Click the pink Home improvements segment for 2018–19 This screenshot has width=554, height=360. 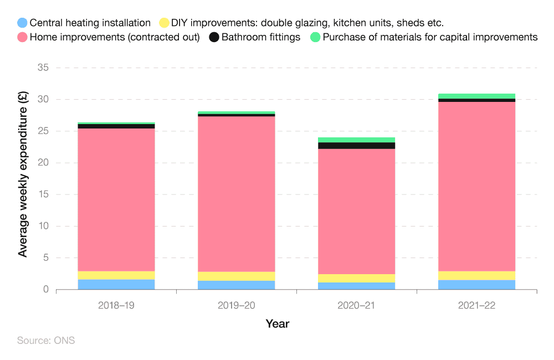pos(116,199)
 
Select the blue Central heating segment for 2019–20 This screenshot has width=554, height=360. pos(237,285)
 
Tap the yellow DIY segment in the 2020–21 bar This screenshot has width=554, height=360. pos(356,278)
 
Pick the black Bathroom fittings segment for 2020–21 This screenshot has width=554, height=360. pos(356,145)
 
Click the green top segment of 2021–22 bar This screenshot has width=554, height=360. pos(476,96)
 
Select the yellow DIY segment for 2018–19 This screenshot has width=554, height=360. pos(116,275)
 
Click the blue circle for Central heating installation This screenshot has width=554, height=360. pos(22,23)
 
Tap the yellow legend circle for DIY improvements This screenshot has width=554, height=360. pos(164,23)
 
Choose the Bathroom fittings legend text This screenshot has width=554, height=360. pos(260,38)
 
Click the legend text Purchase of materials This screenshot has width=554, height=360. pos(430,38)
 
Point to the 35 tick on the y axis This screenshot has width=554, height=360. pos(43,68)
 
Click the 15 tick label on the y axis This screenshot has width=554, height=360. pos(43,194)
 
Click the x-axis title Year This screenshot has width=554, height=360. pos(277,323)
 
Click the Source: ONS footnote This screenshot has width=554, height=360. pos(46,341)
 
